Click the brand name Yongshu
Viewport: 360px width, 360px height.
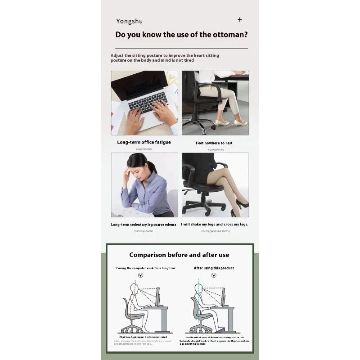pyautogui.click(x=129, y=21)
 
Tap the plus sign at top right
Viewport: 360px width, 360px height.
pyautogui.click(x=240, y=19)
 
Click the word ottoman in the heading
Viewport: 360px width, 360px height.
pyautogui.click(x=228, y=35)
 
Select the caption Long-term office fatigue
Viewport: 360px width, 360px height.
pyautogui.click(x=144, y=142)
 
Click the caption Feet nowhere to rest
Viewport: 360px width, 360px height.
pyautogui.click(x=214, y=143)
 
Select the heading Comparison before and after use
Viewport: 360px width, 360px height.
pyautogui.click(x=179, y=255)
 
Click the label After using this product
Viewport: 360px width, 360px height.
pyautogui.click(x=214, y=268)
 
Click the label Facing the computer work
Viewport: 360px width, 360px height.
pyautogui.click(x=146, y=268)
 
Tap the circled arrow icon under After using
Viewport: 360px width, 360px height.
pyautogui.click(x=214, y=275)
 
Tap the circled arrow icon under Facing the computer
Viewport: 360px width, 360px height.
pyautogui.click(x=141, y=275)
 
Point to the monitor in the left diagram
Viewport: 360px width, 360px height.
pyautogui.click(x=157, y=297)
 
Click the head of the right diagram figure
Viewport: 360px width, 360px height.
pyautogui.click(x=198, y=288)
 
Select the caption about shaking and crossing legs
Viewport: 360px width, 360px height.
pyautogui.click(x=215, y=224)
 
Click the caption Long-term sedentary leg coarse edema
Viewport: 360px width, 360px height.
pyautogui.click(x=144, y=224)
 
